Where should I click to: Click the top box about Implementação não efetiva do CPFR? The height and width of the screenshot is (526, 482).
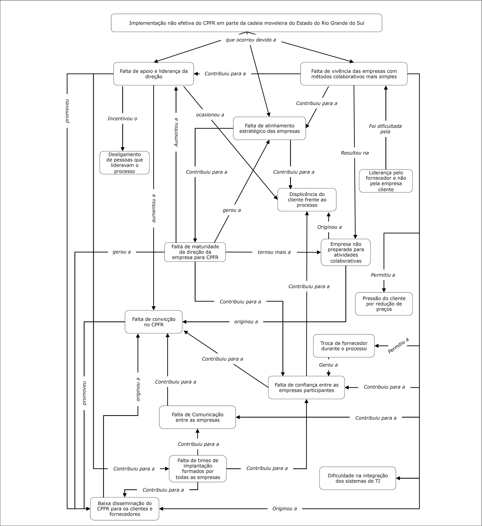247,23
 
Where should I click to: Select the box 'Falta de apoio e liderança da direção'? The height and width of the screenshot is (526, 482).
154,74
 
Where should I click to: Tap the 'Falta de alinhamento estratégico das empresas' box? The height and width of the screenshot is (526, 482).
269,128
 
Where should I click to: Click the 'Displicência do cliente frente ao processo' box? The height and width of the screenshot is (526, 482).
307,200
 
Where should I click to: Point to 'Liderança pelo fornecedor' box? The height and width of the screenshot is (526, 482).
386,181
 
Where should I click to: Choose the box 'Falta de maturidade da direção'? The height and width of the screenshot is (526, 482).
195,252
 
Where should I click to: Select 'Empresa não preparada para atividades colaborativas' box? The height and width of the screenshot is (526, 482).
346,252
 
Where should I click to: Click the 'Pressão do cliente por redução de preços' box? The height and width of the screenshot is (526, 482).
384,304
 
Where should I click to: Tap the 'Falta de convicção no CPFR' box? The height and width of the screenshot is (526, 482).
154,322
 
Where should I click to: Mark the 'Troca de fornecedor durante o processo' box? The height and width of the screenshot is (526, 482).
344,346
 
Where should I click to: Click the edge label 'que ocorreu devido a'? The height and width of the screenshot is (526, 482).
251,40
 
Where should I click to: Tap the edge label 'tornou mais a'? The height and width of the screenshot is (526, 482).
274,252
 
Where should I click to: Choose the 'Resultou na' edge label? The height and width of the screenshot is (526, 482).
355,153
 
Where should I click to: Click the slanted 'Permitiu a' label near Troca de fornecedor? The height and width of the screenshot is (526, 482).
398,346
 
